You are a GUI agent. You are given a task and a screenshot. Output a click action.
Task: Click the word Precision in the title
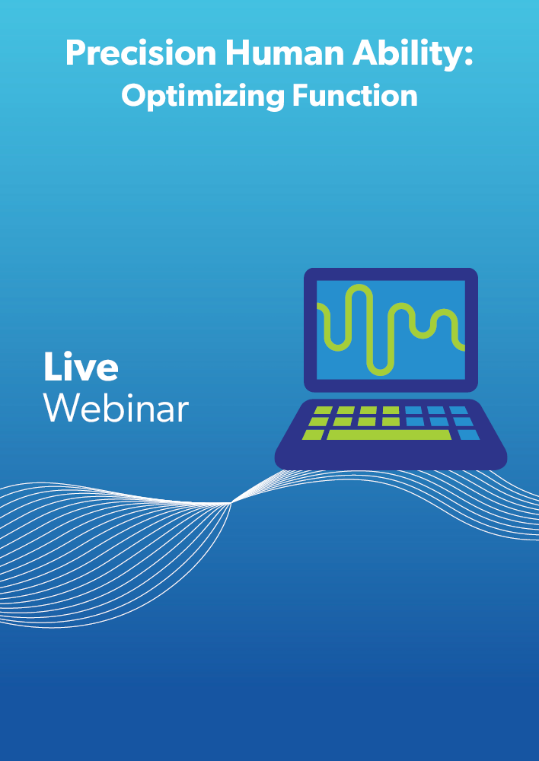[141, 53]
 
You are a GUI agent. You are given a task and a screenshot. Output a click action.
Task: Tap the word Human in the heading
[284, 53]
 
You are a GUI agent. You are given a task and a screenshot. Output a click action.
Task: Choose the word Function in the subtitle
[355, 95]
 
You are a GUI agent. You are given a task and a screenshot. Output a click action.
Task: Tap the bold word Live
[81, 367]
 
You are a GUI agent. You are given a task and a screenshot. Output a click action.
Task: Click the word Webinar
[116, 408]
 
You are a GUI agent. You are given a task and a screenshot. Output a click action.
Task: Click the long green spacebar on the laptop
[389, 435]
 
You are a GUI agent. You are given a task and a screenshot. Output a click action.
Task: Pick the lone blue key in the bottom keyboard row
[469, 435]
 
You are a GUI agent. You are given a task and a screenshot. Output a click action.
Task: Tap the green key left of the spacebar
[313, 435]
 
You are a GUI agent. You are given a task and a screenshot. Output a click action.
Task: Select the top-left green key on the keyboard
[323, 411]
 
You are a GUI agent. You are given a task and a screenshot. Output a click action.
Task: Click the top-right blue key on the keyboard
[458, 411]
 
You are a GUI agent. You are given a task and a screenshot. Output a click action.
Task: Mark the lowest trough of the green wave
[380, 372]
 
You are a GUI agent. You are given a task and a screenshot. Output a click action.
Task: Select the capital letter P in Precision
[76, 53]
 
